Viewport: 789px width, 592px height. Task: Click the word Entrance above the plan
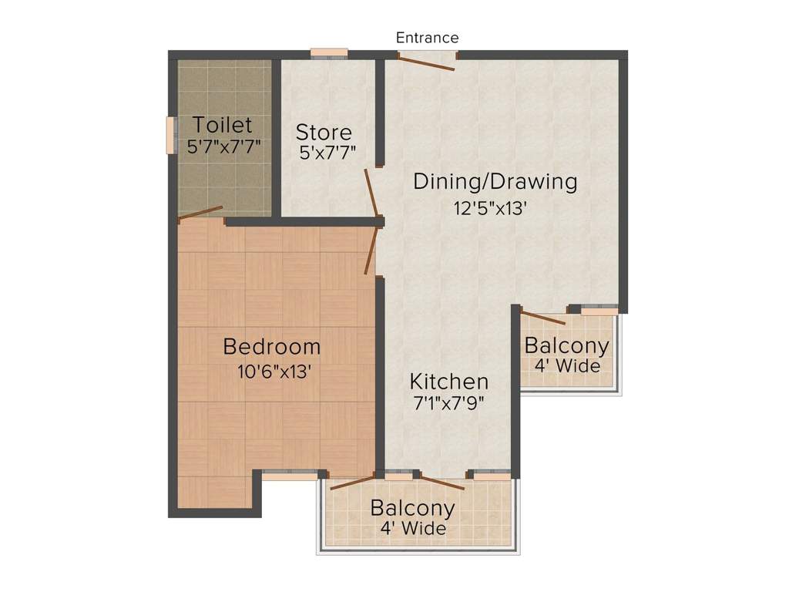[427, 38]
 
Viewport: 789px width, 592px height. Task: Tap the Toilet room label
[223, 124]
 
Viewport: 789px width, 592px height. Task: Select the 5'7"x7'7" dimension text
[224, 147]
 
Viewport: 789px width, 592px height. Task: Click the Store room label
[324, 132]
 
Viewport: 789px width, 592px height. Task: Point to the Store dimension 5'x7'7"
[327, 152]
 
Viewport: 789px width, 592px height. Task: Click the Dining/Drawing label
[495, 182]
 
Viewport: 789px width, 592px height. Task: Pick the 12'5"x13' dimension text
[490, 208]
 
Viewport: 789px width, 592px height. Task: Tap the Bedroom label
[272, 346]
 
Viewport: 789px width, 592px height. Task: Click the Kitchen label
[449, 382]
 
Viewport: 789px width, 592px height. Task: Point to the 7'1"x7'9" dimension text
[449, 403]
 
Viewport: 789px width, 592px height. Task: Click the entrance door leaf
[426, 63]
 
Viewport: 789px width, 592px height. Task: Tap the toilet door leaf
[200, 213]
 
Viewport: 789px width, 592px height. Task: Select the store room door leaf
[371, 193]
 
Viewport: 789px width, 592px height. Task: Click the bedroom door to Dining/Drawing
[371, 251]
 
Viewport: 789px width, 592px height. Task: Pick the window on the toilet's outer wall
[171, 135]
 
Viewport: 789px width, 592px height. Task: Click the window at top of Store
[329, 53]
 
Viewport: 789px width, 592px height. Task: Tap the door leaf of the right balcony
[543, 318]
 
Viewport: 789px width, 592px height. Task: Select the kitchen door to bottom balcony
[442, 483]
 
